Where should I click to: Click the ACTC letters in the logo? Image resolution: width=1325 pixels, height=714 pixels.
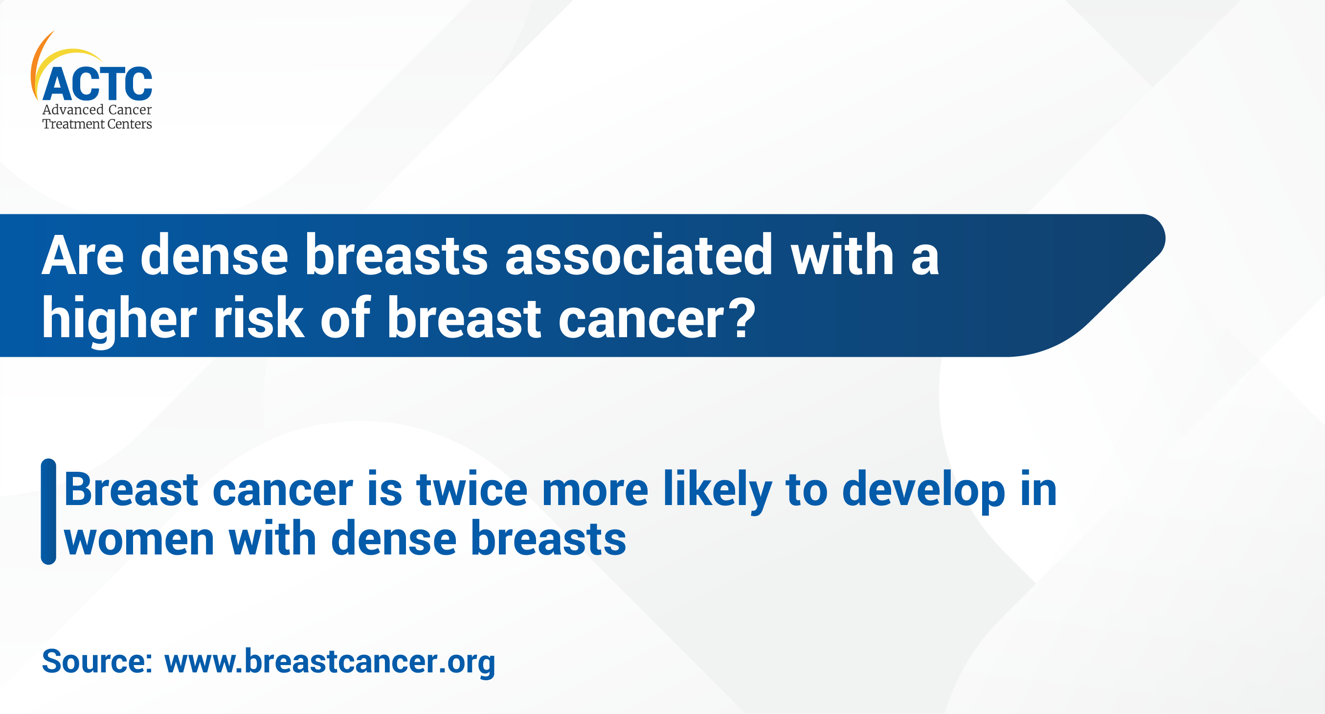click(x=97, y=84)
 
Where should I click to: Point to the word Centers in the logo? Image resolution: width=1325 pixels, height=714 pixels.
click(x=130, y=124)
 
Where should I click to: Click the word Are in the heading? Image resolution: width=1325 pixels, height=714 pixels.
click(x=82, y=256)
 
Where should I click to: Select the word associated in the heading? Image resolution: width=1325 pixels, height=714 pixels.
click(x=638, y=256)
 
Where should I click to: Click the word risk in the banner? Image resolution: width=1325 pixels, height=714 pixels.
click(x=259, y=319)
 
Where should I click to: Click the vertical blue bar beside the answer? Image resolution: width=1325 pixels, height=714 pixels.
click(x=48, y=511)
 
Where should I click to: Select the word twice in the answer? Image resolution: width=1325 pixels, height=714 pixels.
click(x=472, y=490)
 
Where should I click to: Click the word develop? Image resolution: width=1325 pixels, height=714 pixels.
click(x=923, y=490)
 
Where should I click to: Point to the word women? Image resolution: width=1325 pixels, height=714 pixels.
click(x=139, y=539)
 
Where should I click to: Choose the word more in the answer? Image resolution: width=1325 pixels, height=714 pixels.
click(x=595, y=490)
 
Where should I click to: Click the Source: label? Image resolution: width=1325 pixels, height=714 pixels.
click(x=97, y=662)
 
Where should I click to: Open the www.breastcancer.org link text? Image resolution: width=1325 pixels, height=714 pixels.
click(x=329, y=662)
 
